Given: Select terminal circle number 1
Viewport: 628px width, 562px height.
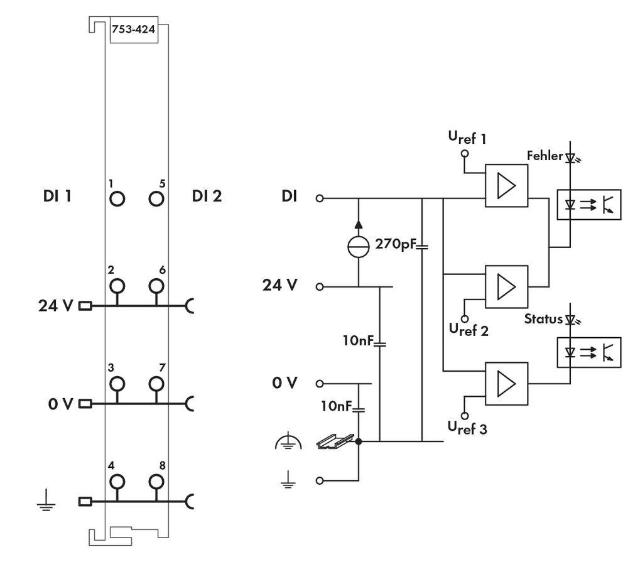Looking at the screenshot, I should click(x=117, y=198).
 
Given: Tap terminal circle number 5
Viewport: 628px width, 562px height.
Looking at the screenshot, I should click(x=156, y=198).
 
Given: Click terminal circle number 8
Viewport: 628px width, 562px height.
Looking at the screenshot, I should click(x=156, y=482).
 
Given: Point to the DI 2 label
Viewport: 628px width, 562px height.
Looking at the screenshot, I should click(x=207, y=197).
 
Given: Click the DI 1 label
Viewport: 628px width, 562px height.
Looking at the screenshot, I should click(x=56, y=197).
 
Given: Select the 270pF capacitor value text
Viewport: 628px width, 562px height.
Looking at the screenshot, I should click(x=394, y=243).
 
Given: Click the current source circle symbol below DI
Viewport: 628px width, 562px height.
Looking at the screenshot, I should click(x=358, y=245).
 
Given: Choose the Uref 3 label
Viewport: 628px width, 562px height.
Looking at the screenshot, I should click(x=467, y=429).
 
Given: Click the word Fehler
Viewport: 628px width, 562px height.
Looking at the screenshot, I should click(x=544, y=155).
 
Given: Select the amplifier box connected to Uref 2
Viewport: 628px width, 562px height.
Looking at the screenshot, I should click(x=506, y=286).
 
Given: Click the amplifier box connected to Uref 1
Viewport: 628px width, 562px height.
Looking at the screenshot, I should click(x=506, y=186).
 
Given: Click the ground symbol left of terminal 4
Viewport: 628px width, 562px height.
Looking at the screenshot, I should click(x=44, y=501).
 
